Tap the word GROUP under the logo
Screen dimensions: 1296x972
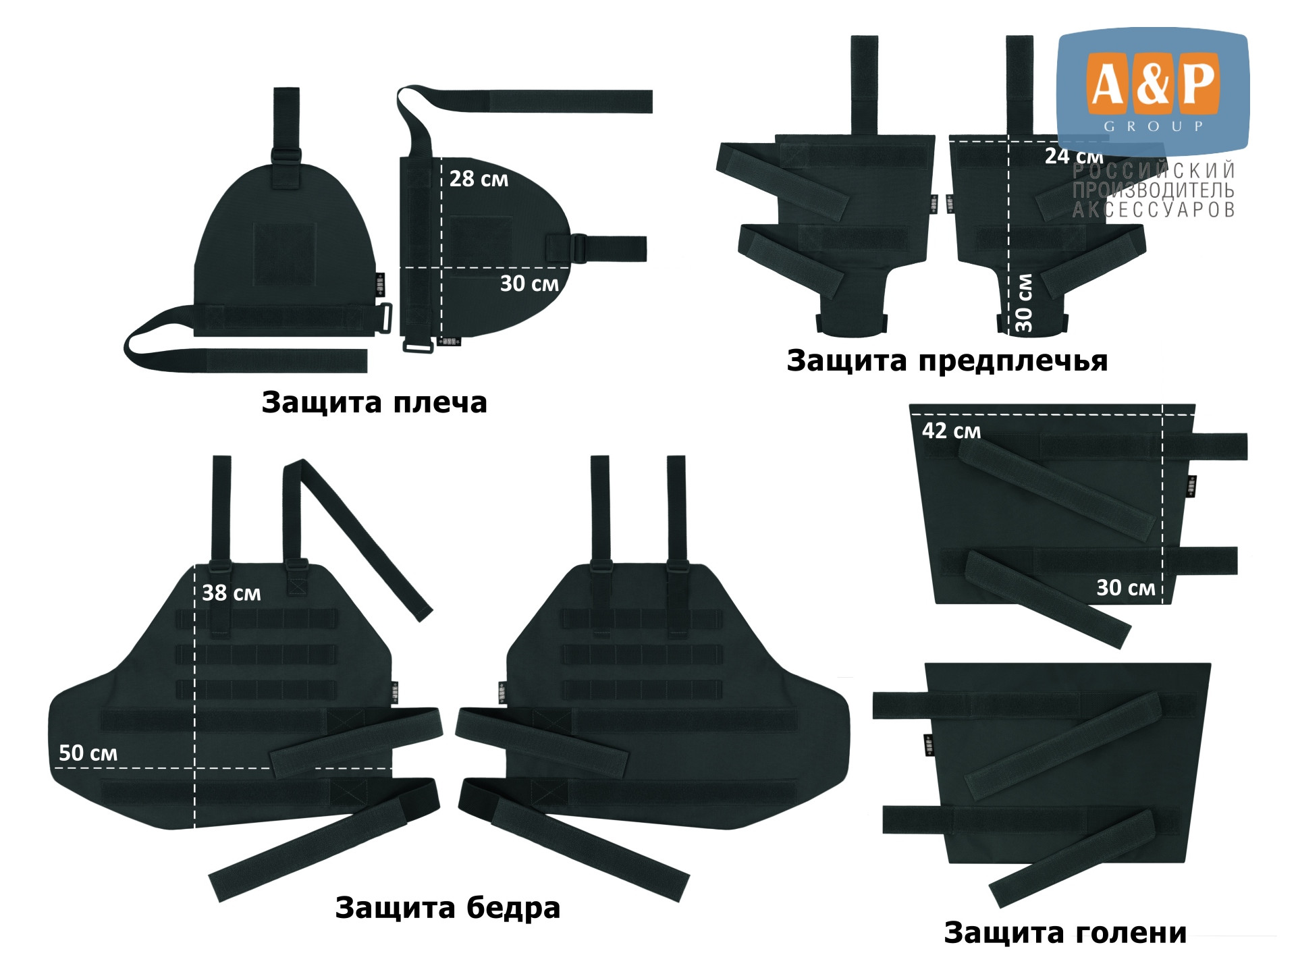[1154, 126]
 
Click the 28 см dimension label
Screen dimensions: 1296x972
[479, 179]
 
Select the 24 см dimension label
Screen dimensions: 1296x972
[1074, 156]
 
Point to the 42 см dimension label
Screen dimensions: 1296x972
[951, 431]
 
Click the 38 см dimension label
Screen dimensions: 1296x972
[231, 593]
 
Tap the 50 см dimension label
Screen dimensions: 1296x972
[88, 753]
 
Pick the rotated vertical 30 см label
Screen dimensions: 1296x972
[1023, 302]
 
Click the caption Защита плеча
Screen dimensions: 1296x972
[374, 403]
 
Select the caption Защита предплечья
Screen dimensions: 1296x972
[947, 361]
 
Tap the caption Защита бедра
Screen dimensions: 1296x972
[448, 908]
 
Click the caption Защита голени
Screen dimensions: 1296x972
[1065, 933]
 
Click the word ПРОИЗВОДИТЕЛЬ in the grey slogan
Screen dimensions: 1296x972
[1154, 190]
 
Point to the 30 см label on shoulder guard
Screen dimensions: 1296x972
[529, 283]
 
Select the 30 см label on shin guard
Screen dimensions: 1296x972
[1125, 588]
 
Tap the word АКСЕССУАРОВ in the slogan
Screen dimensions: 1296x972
[1154, 210]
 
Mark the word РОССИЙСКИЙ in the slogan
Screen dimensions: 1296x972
[1154, 170]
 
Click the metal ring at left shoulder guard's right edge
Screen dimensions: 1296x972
[387, 318]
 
